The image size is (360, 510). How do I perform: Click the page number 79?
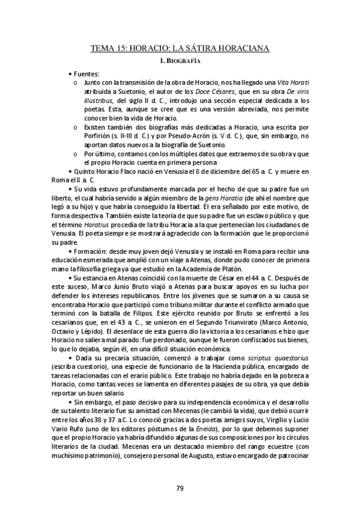click(180, 488)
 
